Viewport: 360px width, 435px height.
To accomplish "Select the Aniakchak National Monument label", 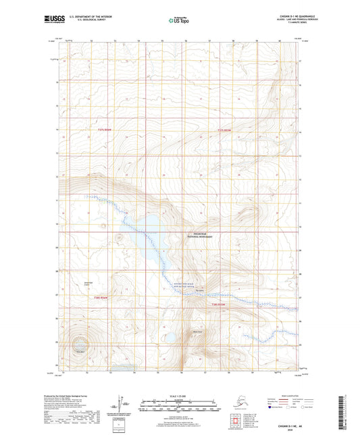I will (x=200, y=238).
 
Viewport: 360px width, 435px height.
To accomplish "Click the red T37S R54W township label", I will (x=97, y=130).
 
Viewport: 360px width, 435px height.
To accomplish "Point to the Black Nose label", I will (x=198, y=331).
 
